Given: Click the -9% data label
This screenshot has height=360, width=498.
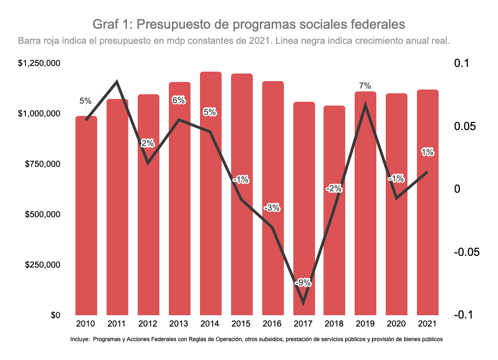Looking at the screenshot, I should [x=302, y=283].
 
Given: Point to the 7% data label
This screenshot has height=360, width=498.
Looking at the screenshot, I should [x=365, y=86].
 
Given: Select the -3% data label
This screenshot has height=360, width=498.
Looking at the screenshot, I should [x=272, y=207].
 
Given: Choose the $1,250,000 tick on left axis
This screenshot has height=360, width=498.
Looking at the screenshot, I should [x=39, y=63].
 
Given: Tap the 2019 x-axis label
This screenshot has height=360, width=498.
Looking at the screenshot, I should [x=365, y=324].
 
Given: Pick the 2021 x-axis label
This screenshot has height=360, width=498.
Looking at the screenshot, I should [x=427, y=324].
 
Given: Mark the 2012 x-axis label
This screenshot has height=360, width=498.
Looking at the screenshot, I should [x=148, y=324].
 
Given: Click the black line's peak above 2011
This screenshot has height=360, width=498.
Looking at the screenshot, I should [x=117, y=82].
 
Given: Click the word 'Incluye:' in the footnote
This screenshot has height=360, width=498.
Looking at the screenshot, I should [x=79, y=339].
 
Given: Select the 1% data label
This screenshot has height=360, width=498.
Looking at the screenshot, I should [x=427, y=152].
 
